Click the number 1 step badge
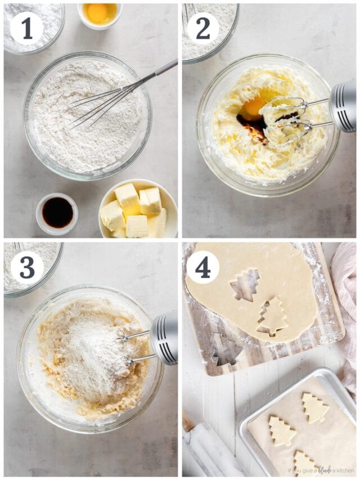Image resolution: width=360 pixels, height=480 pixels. pos(26,28)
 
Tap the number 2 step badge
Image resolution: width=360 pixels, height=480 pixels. pos(202,28)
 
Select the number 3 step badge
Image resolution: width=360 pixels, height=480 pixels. pos(26,267)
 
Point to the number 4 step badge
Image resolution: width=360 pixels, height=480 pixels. pos(202,267)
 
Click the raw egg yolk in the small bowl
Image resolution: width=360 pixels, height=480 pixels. pos(100,12)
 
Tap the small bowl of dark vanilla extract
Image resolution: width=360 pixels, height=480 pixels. pos(57,213)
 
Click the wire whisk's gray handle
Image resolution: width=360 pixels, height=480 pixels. pos(165,68)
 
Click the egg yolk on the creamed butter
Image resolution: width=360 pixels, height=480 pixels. pos(253,107)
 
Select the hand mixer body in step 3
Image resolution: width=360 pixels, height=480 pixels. pos(164,337)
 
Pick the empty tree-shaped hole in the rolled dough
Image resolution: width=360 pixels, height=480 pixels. pos(245,284)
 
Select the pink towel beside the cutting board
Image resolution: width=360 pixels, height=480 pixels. pos(345,315)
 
